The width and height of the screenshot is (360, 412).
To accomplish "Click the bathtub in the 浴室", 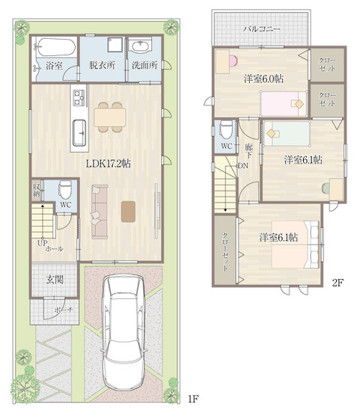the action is click(x=55, y=47).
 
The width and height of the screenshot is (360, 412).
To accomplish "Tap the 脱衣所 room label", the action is click(x=102, y=65).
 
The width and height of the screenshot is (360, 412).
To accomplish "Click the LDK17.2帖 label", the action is click(x=109, y=164).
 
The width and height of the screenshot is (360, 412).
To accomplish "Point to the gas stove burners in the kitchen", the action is click(x=79, y=98).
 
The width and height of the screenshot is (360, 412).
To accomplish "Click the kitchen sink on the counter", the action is click(x=79, y=132).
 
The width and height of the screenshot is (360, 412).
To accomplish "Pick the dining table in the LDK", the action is click(x=110, y=117).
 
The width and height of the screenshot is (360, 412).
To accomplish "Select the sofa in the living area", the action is click(x=100, y=212).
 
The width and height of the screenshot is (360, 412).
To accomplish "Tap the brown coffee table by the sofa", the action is click(x=128, y=212).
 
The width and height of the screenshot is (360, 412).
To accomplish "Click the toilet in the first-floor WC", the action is click(x=65, y=189).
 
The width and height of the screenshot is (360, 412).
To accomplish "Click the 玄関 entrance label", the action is click(x=55, y=280).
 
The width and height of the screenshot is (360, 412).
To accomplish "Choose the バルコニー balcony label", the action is click(x=261, y=28).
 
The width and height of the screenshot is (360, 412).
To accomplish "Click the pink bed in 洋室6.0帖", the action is click(x=284, y=103).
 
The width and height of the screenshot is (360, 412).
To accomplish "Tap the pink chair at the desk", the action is click(x=233, y=61).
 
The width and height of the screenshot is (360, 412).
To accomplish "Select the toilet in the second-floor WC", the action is click(x=226, y=129).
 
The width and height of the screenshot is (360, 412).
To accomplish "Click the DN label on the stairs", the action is click(x=243, y=166).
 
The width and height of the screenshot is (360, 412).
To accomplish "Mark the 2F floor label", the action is click(x=338, y=283).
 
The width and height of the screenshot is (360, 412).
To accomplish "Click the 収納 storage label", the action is click(x=36, y=190).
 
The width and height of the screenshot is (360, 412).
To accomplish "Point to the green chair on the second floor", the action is click(x=326, y=188).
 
